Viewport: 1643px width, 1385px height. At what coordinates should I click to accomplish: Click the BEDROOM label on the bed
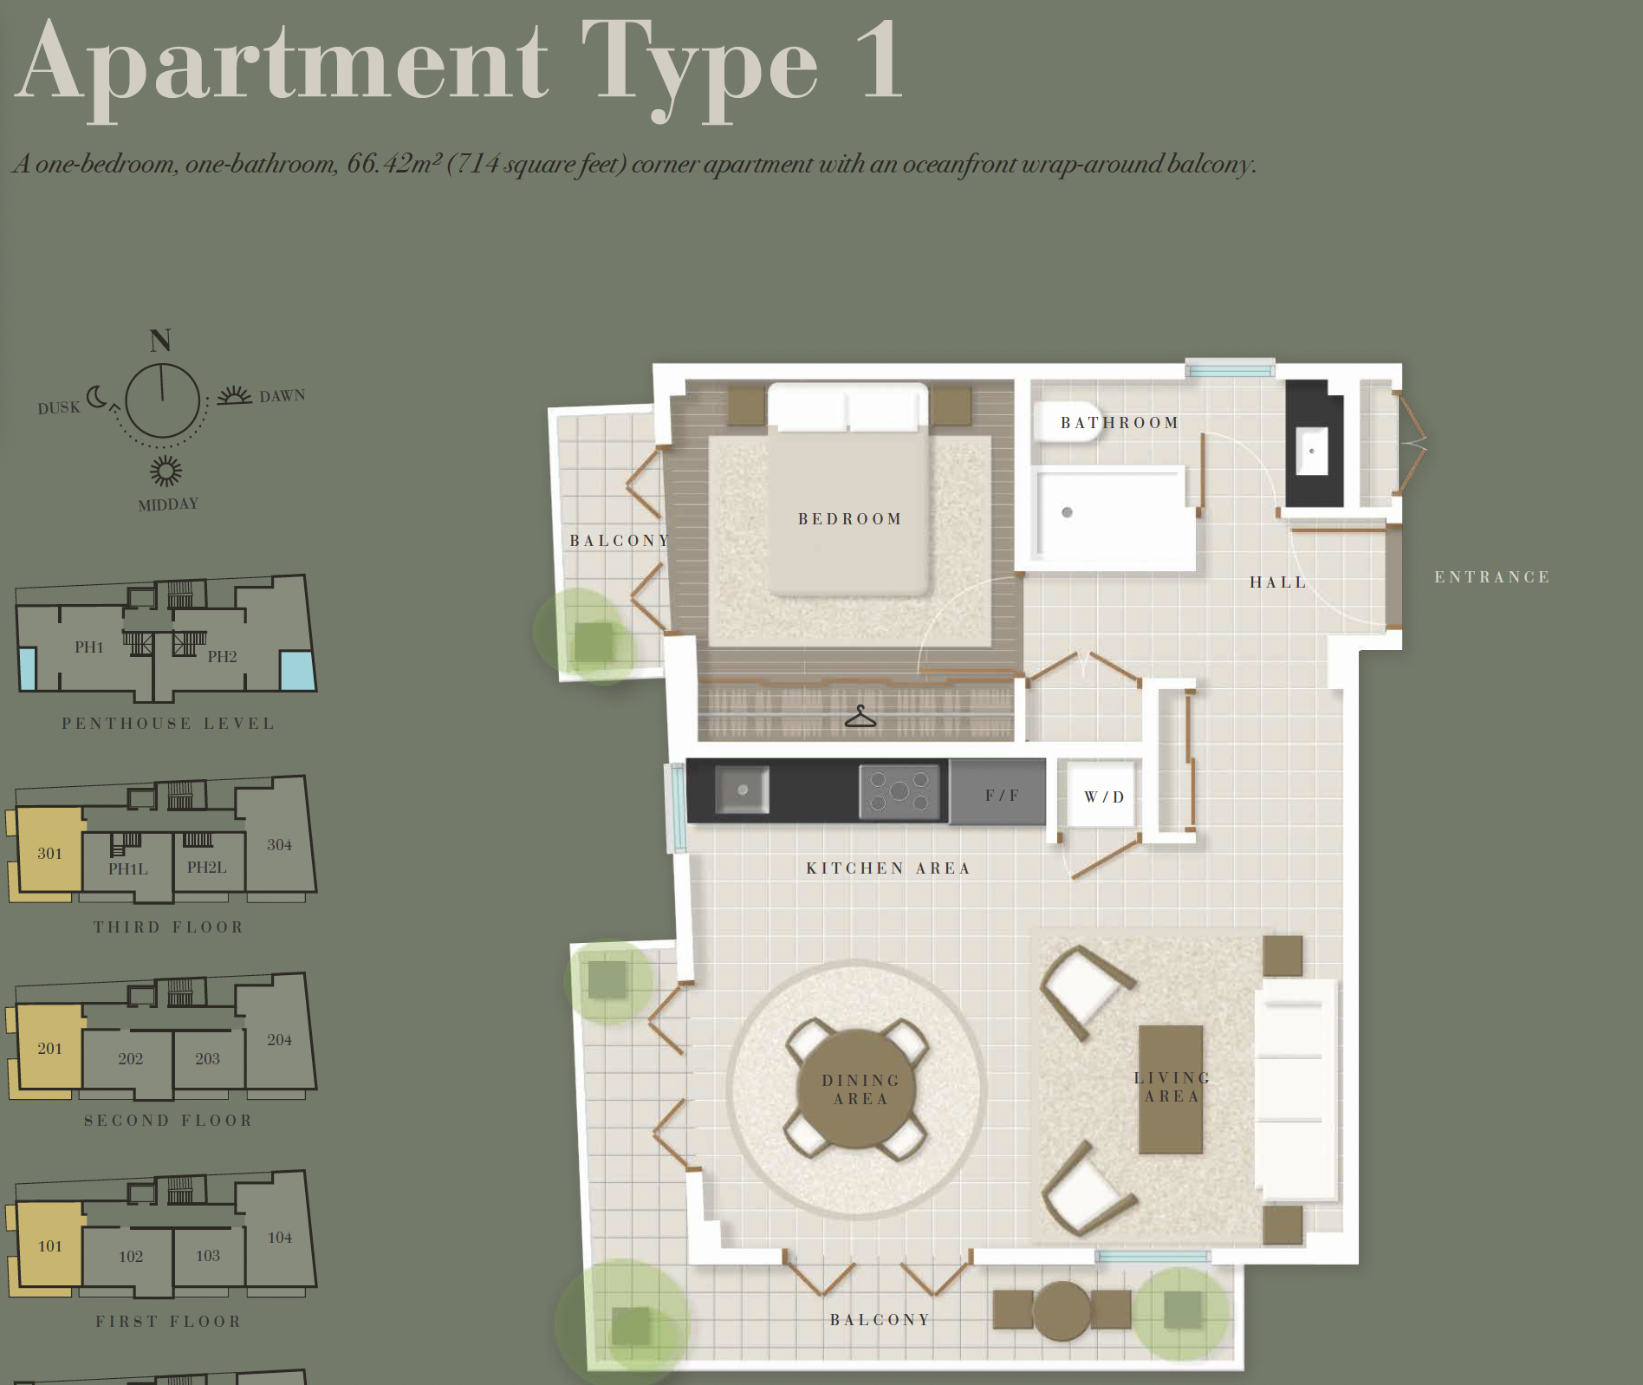[x=850, y=519]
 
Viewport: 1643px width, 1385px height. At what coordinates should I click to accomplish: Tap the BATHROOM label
[x=1120, y=423]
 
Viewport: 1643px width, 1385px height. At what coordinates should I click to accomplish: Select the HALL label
[x=1278, y=582]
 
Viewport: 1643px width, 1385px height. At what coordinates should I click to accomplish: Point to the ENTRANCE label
[x=1492, y=577]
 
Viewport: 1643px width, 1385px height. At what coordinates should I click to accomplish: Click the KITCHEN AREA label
[x=888, y=868]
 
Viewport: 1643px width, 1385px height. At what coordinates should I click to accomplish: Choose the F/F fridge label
[x=1002, y=796]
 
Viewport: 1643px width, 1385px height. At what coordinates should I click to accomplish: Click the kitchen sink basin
[x=743, y=790]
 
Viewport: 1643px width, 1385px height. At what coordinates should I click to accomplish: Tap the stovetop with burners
[x=899, y=790]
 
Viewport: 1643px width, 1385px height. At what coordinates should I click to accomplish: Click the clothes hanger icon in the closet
[x=860, y=717]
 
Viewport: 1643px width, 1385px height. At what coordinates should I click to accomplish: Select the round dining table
[x=856, y=1088]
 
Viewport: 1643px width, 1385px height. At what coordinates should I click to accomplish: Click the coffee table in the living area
[x=1171, y=1089]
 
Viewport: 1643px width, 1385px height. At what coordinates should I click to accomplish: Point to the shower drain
[x=1068, y=512]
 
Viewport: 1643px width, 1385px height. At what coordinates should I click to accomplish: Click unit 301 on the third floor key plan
[x=49, y=853]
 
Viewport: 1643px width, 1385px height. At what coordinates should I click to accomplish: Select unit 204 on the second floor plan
[x=279, y=1039]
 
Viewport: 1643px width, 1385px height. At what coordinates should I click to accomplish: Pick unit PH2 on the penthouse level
[x=222, y=656]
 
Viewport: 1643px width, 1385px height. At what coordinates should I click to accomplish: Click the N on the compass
[x=160, y=341]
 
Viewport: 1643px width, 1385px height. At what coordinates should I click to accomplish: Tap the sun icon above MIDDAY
[x=166, y=471]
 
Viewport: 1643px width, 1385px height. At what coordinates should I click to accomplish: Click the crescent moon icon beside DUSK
[x=97, y=397]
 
